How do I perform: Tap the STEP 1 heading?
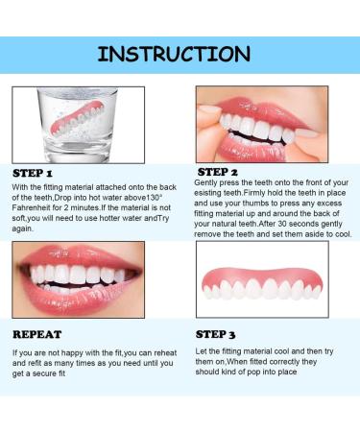pyautogui.click(x=40, y=173)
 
